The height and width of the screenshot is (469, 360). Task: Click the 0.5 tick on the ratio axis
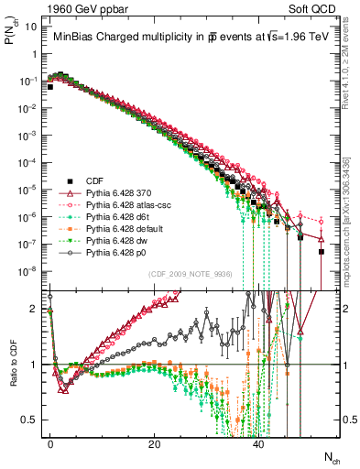33,420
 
